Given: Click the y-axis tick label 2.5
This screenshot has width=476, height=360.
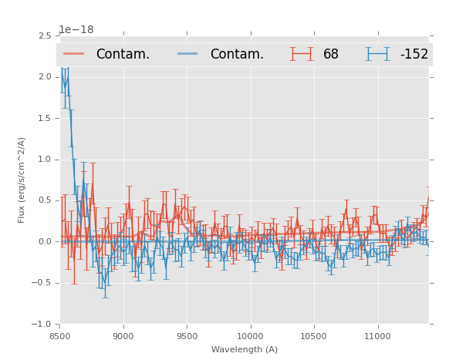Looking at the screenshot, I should pos(45,35).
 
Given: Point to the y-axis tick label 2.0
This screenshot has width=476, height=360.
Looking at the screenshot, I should pos(45,77).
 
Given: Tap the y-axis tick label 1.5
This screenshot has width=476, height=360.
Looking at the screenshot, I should pos(45,118).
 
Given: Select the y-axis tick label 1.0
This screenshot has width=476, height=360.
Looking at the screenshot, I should pos(45,160).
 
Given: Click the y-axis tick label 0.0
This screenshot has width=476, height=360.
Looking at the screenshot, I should pos(45,242).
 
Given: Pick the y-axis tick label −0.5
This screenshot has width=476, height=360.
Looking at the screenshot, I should pos(42,283).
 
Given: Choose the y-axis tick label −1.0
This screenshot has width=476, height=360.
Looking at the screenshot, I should pos(42,325).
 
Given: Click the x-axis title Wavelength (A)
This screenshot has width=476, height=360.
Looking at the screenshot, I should pos(245,350).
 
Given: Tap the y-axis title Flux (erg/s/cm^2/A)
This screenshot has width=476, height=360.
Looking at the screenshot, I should pos(22,180).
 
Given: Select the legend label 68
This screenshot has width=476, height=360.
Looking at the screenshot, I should pos(331,55).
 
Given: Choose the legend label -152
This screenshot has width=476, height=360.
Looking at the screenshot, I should pos(414,55).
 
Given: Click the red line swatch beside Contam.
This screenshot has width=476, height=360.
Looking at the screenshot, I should pos(74,54).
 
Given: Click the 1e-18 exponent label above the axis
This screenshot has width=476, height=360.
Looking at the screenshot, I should pos(76,30).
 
